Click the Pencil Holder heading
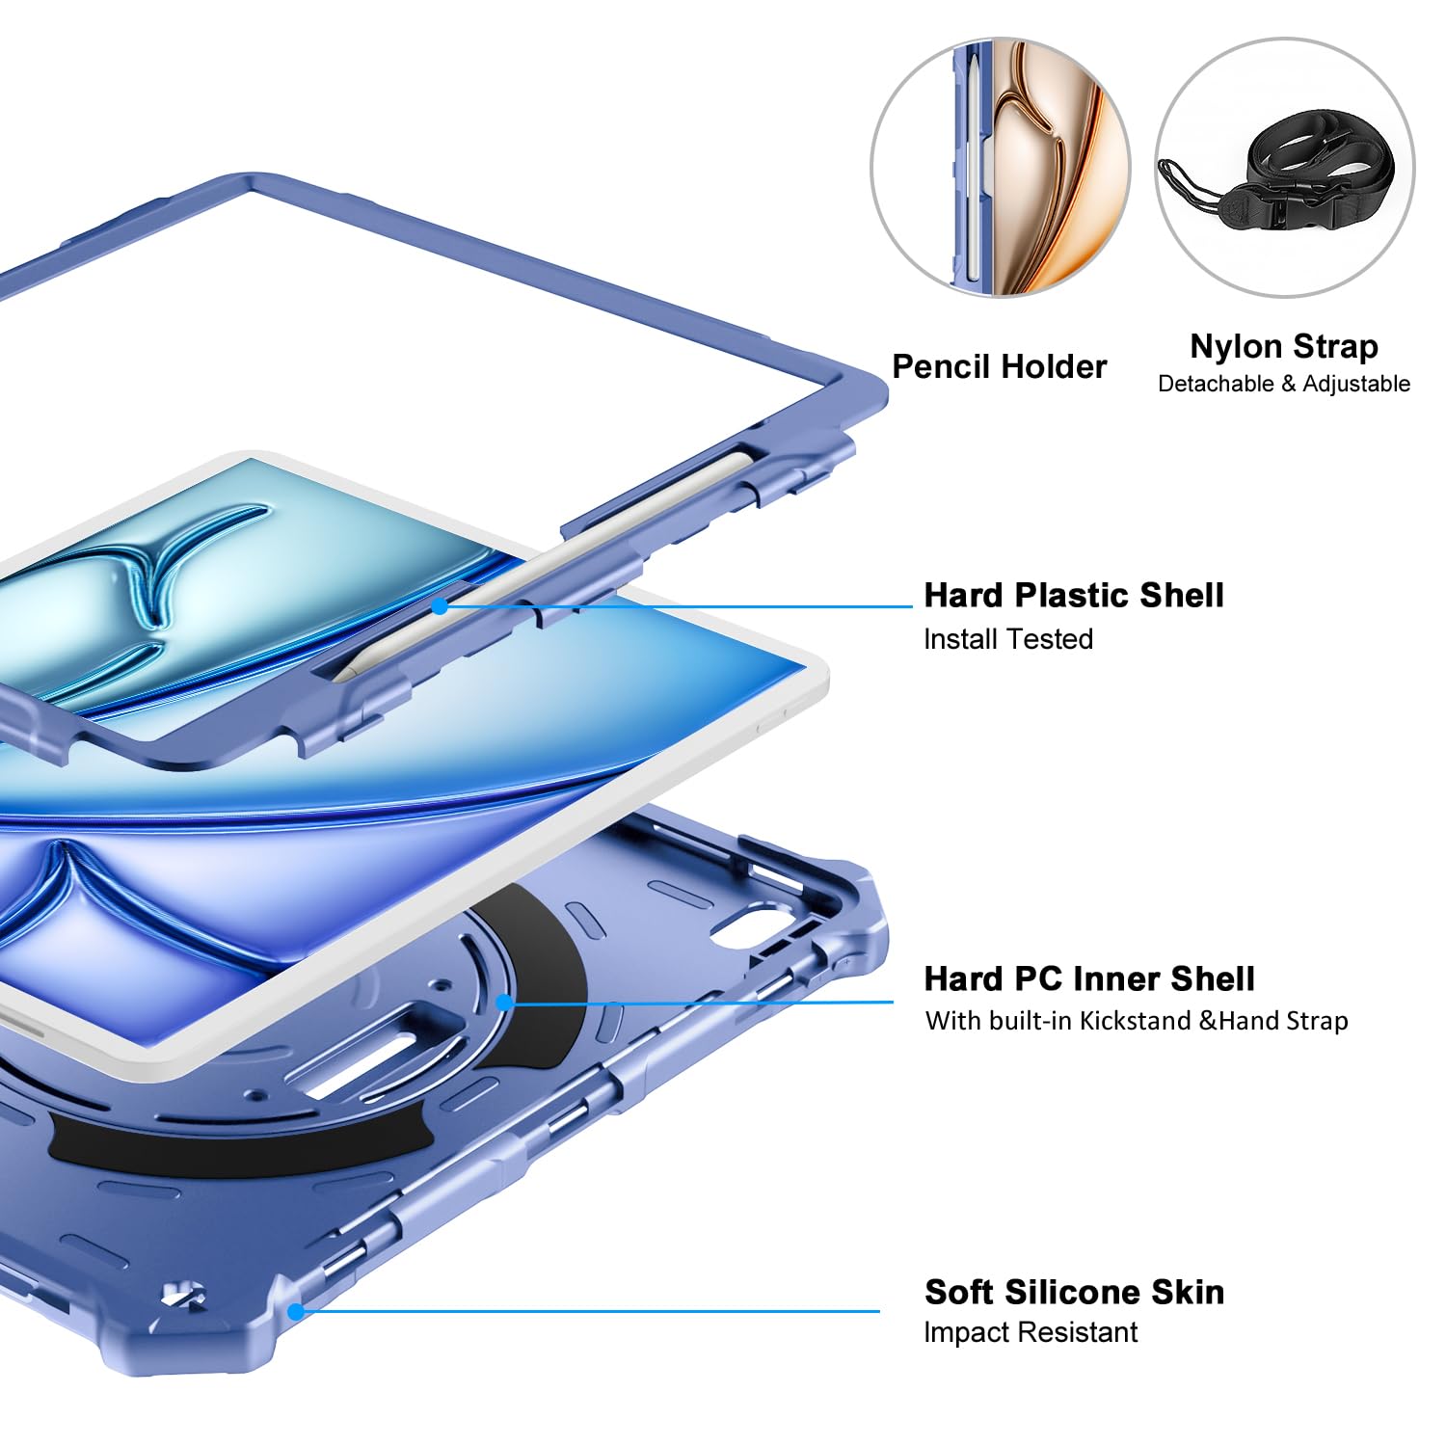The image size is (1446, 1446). point(999,366)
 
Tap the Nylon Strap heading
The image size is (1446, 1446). point(1283,346)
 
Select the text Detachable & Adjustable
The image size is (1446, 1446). point(1283,384)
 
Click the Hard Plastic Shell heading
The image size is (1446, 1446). point(1073,595)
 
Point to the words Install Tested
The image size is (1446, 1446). point(1007,639)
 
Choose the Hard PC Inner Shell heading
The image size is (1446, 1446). point(1088,978)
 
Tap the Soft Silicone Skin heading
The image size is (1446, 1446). point(1073,1292)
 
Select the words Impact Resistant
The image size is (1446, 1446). point(1030,1332)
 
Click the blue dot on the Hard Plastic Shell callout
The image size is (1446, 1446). point(440,606)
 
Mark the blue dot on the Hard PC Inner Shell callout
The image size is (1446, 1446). point(503,1003)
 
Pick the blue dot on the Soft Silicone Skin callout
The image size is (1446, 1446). point(296,1311)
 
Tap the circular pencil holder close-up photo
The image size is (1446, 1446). point(1000,168)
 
